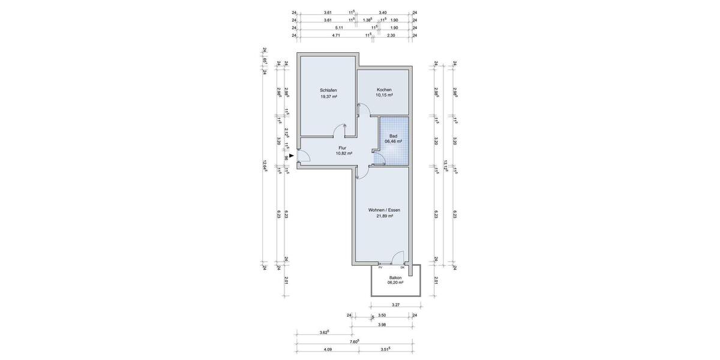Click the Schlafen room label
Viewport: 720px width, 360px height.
click(328, 90)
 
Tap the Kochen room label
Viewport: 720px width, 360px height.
click(384, 89)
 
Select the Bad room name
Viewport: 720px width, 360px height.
click(393, 136)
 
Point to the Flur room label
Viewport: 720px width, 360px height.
click(343, 148)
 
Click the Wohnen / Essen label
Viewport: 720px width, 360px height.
click(384, 210)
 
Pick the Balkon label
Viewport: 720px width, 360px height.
click(395, 277)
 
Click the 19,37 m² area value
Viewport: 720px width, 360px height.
click(328, 96)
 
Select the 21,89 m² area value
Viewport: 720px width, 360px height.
click(384, 216)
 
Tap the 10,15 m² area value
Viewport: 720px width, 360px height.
click(384, 95)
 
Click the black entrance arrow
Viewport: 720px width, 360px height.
click(291, 156)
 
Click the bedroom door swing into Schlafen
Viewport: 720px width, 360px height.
click(340, 129)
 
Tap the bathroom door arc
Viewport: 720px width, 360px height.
click(380, 159)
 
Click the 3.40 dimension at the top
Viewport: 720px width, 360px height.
click(383, 12)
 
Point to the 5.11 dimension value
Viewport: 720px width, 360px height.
click(329, 28)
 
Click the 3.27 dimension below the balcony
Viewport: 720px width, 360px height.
click(395, 305)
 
